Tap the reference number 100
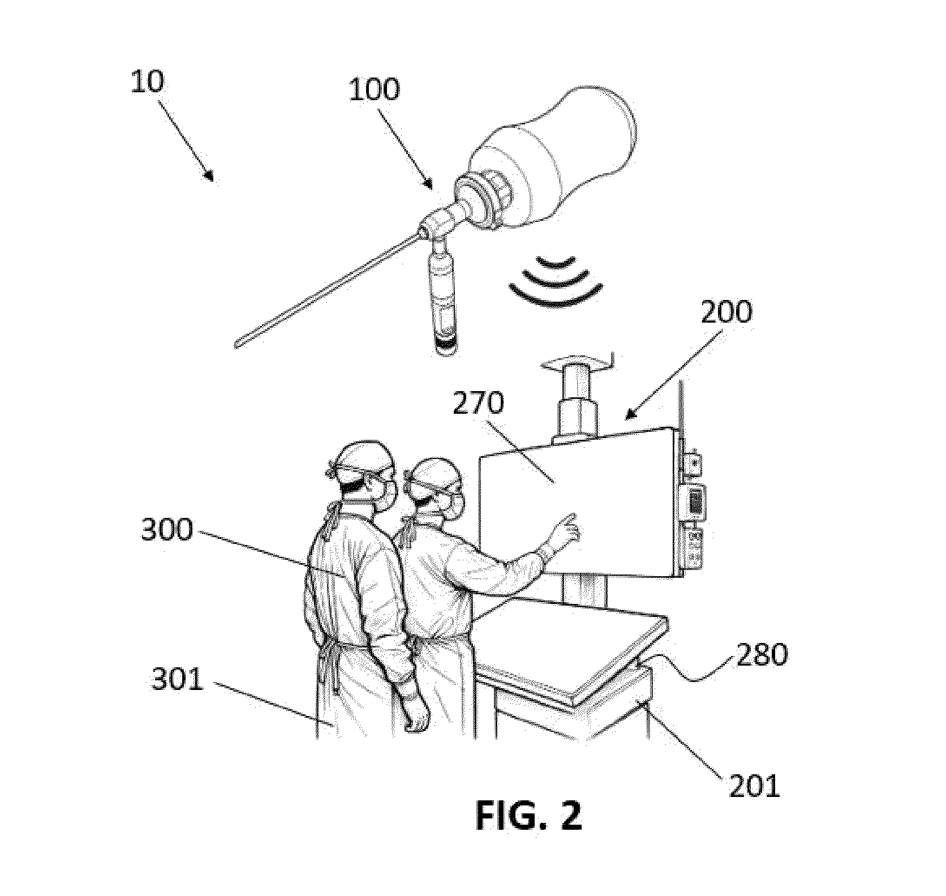pyautogui.click(x=374, y=91)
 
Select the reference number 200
pyautogui.click(x=726, y=312)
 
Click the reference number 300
pyautogui.click(x=167, y=530)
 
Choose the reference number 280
pyautogui.click(x=761, y=655)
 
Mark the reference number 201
pyautogui.click(x=754, y=786)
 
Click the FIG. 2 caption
pyautogui.click(x=528, y=815)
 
